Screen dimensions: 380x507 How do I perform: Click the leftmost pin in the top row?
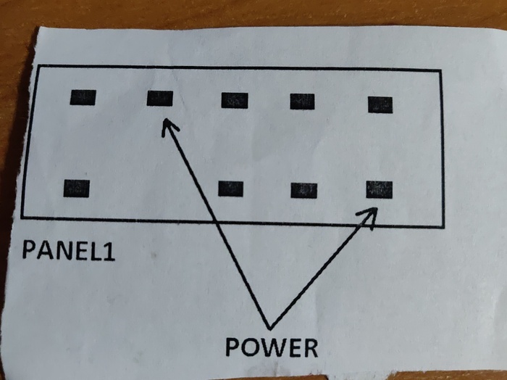tap(83, 97)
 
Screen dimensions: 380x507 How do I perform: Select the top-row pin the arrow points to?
tap(159, 98)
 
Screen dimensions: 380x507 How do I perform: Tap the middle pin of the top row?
tap(235, 100)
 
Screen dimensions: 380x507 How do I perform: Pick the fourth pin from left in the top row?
tap(302, 102)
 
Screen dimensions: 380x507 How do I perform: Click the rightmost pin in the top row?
tap(380, 104)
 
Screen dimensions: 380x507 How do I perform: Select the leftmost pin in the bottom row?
tap(76, 188)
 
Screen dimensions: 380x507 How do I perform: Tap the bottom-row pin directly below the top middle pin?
tap(231, 189)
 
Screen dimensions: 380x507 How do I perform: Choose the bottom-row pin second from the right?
tap(303, 190)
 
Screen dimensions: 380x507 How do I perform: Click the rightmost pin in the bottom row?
tap(380, 189)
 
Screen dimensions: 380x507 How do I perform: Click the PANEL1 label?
tap(68, 249)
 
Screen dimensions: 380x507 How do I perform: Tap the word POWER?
tap(272, 347)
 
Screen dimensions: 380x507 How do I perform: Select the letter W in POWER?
tap(272, 347)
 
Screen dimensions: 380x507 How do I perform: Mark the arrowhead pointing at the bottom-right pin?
tap(369, 215)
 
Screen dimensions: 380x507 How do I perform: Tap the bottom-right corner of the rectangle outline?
tap(443, 226)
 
